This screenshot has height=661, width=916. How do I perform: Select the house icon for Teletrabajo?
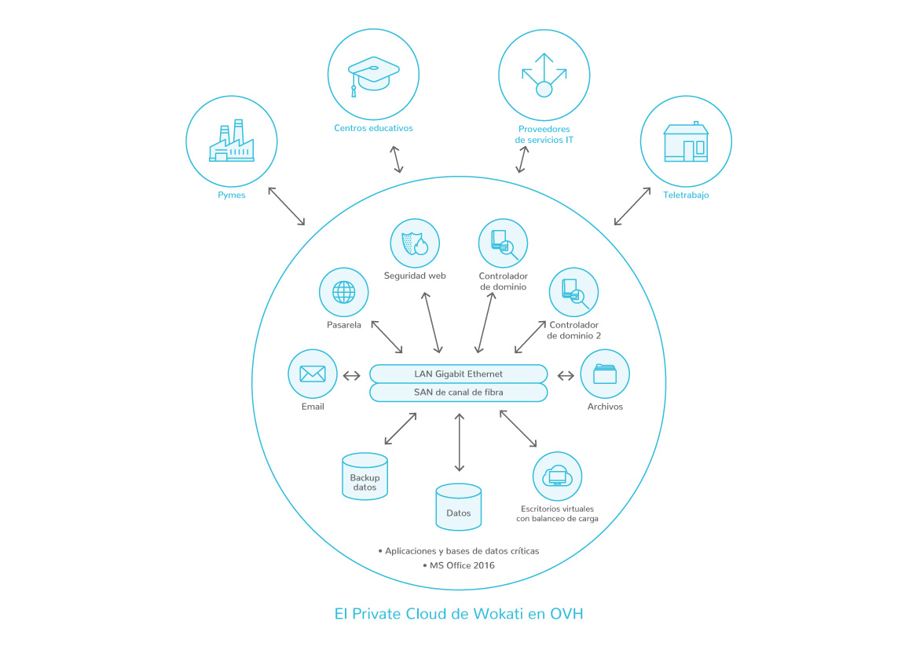[686, 142]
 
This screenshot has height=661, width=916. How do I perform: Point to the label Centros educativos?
[373, 128]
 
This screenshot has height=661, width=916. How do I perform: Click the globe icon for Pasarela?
[343, 292]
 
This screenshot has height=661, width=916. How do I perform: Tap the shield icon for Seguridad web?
[415, 243]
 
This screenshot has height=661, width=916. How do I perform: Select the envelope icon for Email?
[313, 374]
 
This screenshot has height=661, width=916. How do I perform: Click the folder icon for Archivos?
[604, 374]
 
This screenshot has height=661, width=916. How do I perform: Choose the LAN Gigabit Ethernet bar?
[458, 374]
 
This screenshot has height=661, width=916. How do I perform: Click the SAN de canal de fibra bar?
[458, 392]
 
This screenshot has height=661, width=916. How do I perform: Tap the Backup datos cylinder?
[365, 476]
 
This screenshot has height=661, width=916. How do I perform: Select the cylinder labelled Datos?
[458, 506]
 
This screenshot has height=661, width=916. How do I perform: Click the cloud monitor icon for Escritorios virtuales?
[557, 476]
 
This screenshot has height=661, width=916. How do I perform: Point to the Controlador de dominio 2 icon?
[573, 292]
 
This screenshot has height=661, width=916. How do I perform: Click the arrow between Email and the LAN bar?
[351, 375]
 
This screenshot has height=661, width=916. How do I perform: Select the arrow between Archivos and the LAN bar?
[566, 375]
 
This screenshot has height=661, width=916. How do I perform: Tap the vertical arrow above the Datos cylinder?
[459, 442]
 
